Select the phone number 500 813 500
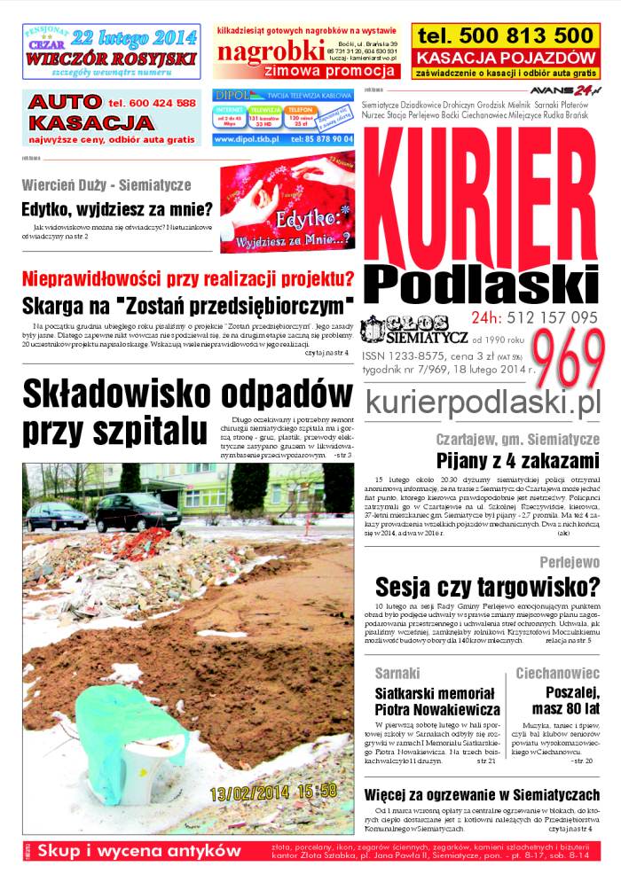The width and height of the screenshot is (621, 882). (505, 36)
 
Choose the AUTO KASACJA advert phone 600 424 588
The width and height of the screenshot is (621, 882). (152, 104)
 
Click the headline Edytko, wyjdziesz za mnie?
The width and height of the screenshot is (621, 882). (116, 210)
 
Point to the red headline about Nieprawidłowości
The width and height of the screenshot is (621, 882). (187, 278)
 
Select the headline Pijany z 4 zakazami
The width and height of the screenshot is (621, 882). (519, 460)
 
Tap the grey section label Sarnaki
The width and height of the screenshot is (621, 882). (397, 673)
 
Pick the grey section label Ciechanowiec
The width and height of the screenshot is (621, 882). (558, 673)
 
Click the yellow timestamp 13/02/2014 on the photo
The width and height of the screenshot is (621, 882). (253, 790)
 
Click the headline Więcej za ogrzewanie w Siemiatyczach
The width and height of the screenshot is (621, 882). (483, 792)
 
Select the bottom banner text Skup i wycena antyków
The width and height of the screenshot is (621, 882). (139, 851)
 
